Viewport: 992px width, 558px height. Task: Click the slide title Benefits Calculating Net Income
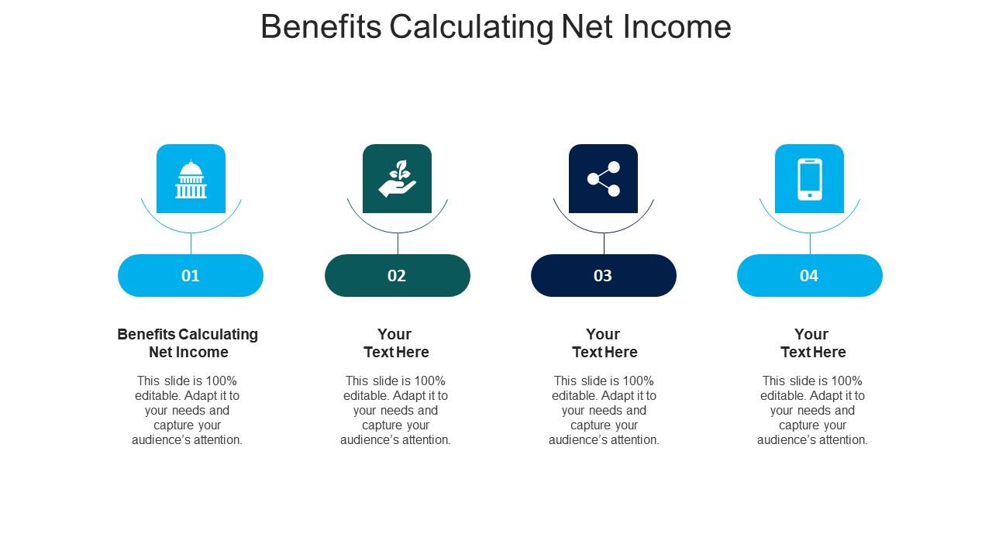(x=496, y=27)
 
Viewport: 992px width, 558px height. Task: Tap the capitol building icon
(x=191, y=179)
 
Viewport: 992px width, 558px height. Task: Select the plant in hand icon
(x=397, y=179)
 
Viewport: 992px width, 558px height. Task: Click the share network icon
(x=603, y=179)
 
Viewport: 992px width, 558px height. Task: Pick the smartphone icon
(x=809, y=179)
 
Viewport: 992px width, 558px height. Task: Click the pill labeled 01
(x=191, y=275)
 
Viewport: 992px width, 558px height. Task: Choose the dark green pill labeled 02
(x=397, y=275)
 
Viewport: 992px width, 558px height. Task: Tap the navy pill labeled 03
(x=603, y=275)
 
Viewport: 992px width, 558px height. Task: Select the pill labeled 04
(x=809, y=275)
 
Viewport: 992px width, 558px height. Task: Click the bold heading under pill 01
(x=188, y=343)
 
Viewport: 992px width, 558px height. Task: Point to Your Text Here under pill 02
(x=396, y=343)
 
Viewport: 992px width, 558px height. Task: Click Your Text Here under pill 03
(x=604, y=343)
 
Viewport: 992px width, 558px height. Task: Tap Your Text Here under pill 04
(x=812, y=343)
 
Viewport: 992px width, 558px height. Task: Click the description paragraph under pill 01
(x=188, y=410)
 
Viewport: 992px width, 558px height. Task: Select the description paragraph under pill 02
(x=396, y=410)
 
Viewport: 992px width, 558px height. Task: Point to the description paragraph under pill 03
(x=604, y=410)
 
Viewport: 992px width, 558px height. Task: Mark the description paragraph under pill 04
(x=812, y=410)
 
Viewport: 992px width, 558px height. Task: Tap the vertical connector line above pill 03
(x=604, y=243)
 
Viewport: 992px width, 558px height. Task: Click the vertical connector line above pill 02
(x=398, y=243)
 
